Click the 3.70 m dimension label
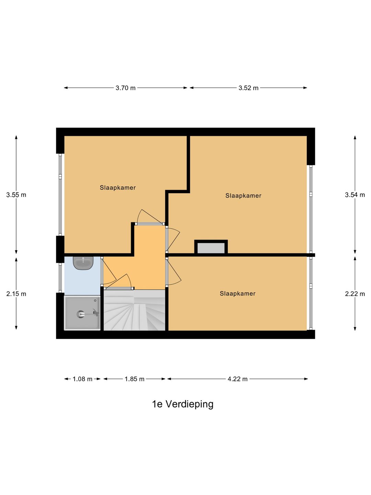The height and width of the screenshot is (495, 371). pos(125,88)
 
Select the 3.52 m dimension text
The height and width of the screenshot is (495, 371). pos(248,88)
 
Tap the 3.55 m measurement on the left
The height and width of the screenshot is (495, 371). pos(16,195)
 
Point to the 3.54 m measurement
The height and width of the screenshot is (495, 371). pos(355,195)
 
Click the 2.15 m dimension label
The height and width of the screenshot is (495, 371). pos(16,294)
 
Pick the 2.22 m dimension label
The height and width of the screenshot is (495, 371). pos(355,294)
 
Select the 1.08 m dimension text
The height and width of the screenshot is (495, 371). pos(82,379)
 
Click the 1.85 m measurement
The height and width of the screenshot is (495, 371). pos(134,379)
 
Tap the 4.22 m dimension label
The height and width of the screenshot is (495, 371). pos(237,379)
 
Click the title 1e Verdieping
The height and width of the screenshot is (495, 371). pos(183,404)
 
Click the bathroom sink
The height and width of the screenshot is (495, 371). pos(83,263)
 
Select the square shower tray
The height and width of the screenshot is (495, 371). pos(82,313)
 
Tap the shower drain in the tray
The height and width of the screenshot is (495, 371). pos(81,314)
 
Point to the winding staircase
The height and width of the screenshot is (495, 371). pos(135,311)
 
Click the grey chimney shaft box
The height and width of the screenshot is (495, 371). pos(211,248)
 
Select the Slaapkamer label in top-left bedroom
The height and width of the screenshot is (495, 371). pos(118,188)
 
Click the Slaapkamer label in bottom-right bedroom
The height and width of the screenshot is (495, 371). pos(238,294)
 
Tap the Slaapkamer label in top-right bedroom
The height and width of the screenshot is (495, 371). pos(243,196)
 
